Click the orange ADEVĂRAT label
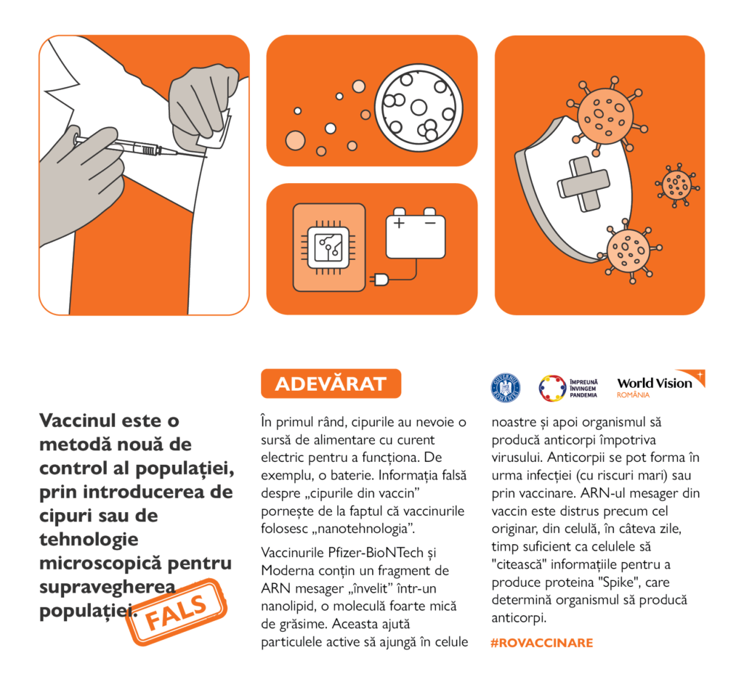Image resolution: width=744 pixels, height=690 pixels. [x=331, y=383]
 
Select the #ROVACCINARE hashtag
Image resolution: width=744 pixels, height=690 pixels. [x=542, y=643]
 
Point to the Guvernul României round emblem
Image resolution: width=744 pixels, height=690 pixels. [x=506, y=388]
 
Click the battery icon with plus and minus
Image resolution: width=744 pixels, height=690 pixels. [x=415, y=232]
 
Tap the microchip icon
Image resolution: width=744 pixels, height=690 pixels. [x=328, y=247]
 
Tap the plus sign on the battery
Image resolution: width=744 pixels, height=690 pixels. [x=398, y=222]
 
